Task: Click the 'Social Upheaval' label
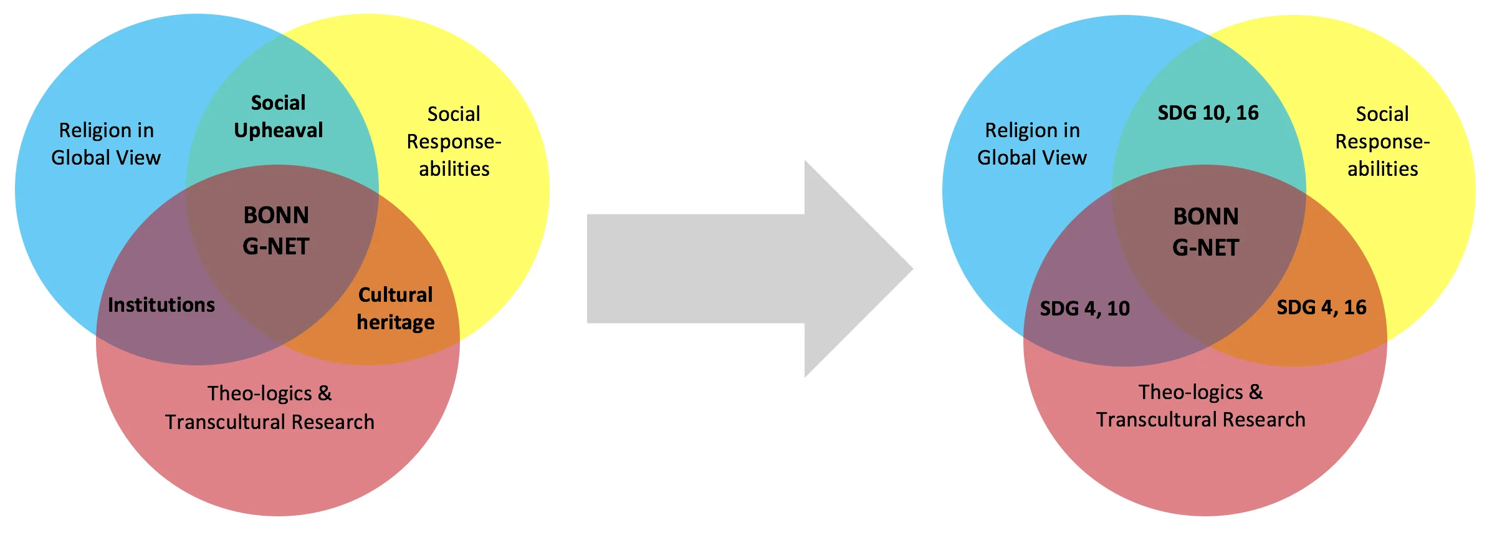(x=278, y=116)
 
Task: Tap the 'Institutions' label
(x=161, y=305)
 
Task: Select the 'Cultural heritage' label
(x=395, y=308)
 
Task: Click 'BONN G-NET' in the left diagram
(x=276, y=231)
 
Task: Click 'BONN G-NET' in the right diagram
(x=1205, y=232)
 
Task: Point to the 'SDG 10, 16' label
(x=1208, y=113)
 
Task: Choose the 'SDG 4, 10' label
(x=1084, y=309)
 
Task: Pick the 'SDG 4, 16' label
(x=1321, y=307)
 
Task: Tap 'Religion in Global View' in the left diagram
(x=106, y=144)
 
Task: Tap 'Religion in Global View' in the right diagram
(x=1032, y=144)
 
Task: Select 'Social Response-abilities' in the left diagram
(x=454, y=142)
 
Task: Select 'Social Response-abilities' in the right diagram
(x=1382, y=142)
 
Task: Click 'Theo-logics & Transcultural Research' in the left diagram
(x=270, y=408)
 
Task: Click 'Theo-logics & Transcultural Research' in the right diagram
(x=1200, y=406)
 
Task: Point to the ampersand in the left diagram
(x=325, y=393)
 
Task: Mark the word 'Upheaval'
(x=278, y=130)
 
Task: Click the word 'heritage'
(x=395, y=322)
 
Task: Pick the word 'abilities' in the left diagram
(x=454, y=169)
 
